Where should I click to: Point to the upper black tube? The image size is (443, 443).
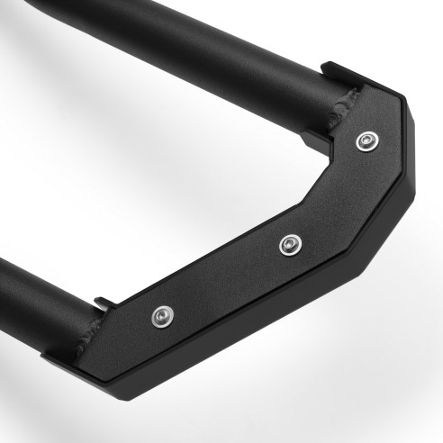tap(180, 45)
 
